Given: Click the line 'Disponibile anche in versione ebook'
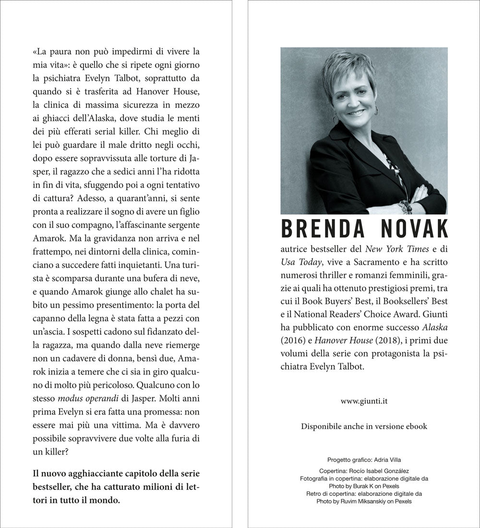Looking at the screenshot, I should tap(364, 426).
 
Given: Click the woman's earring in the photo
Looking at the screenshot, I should tap(335, 119).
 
